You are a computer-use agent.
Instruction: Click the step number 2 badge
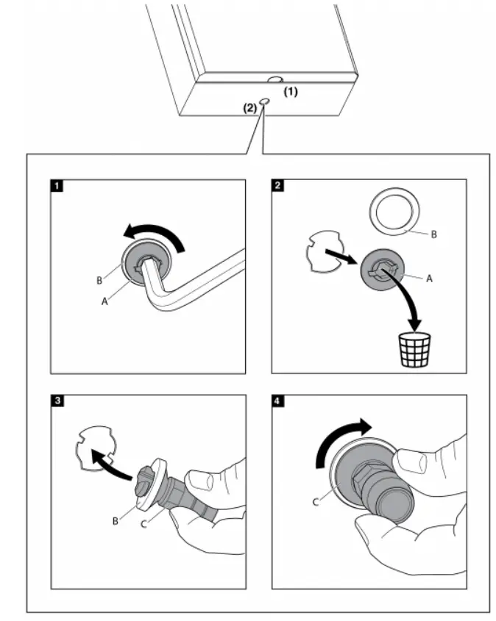click(277, 184)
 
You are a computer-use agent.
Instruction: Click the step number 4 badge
click(277, 401)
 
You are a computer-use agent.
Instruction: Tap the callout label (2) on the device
click(250, 107)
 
